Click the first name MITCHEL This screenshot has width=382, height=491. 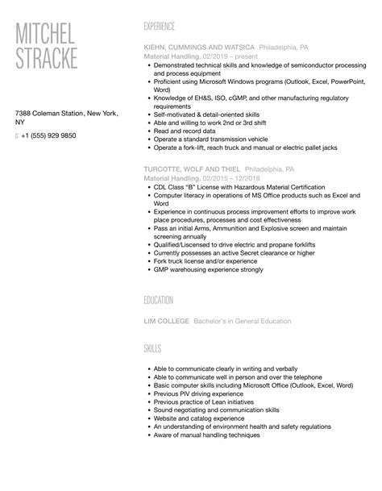point(45,33)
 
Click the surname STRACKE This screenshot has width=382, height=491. point(48,58)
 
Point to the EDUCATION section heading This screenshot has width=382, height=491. point(159,300)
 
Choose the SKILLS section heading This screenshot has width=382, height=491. point(152,348)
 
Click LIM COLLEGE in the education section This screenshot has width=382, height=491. point(166,321)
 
